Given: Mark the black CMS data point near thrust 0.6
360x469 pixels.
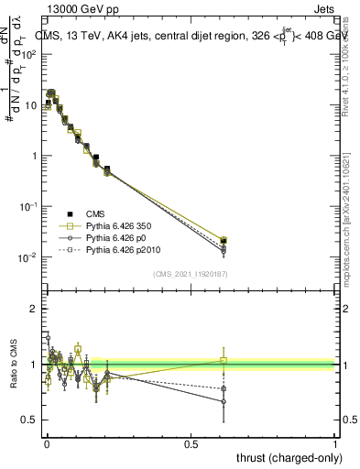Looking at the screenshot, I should pos(224,241).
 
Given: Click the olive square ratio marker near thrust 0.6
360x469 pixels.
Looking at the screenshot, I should pos(224,361).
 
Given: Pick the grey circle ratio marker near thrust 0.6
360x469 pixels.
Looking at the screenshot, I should pos(224,401).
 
